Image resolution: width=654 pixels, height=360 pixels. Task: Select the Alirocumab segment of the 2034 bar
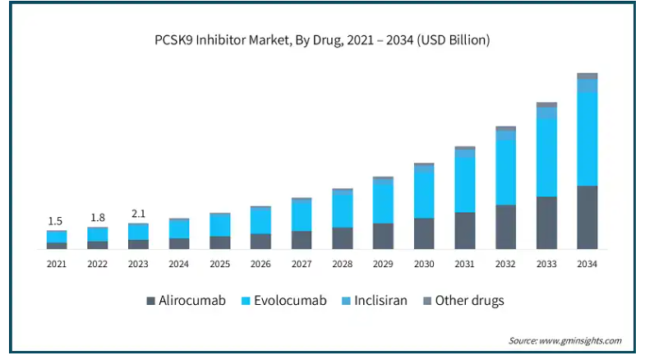(587, 217)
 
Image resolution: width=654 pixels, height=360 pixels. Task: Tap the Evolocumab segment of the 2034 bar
(587, 138)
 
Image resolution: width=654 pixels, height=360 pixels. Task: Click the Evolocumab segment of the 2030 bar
(424, 194)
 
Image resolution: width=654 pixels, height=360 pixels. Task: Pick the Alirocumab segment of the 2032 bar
(505, 227)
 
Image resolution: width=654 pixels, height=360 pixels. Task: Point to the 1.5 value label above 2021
(56, 221)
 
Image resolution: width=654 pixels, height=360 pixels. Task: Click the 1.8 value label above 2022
(97, 218)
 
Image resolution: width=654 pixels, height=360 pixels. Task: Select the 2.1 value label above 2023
(137, 214)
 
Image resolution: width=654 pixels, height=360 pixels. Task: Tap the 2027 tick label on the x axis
(302, 264)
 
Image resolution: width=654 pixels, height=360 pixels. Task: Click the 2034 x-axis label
(587, 264)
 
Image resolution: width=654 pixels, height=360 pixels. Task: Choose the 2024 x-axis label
(179, 264)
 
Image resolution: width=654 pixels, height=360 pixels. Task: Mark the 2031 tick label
(464, 264)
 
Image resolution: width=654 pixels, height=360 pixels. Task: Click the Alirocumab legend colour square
(151, 301)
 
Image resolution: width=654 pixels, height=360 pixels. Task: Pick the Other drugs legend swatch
(426, 301)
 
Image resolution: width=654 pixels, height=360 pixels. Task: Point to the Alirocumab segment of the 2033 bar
(546, 223)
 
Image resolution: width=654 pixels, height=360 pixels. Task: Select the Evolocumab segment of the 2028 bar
(343, 209)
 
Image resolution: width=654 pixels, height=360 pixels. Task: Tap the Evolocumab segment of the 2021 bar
(57, 237)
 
